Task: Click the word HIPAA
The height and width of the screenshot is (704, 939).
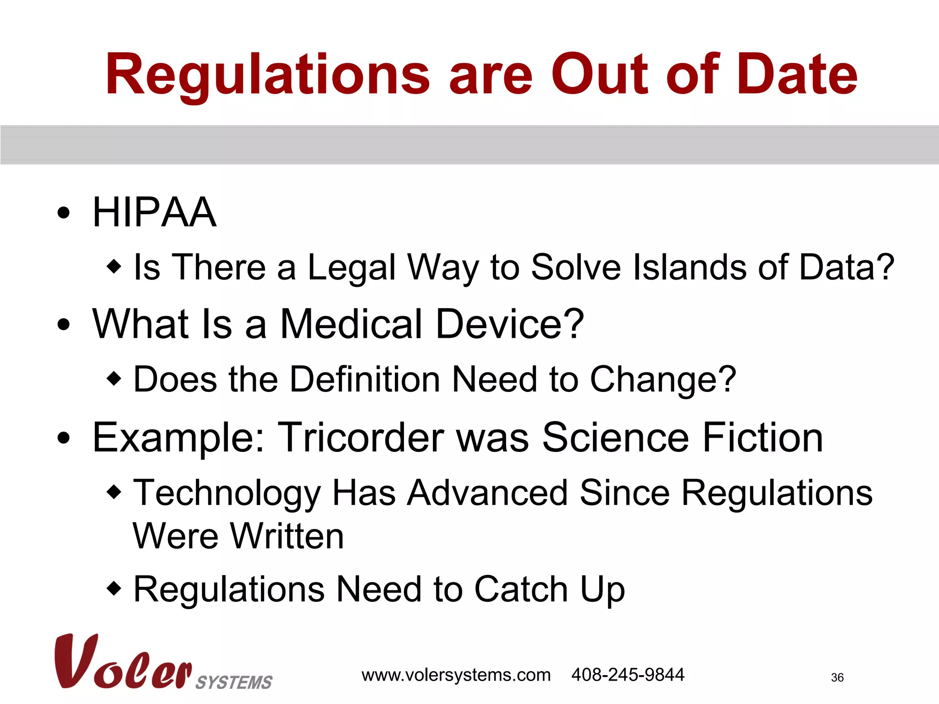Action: (154, 212)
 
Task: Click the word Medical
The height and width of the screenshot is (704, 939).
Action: (351, 324)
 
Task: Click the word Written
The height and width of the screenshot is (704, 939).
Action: (287, 536)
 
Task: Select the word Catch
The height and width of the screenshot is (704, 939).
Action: (521, 589)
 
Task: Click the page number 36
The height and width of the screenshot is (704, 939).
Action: (837, 677)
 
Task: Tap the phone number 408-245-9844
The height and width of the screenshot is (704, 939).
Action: (628, 675)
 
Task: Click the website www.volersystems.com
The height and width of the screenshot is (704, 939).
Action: (456, 675)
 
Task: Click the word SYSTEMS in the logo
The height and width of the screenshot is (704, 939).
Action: (234, 682)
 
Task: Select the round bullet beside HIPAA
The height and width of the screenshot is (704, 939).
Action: (64, 213)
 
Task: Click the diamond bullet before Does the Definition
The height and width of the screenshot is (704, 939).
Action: (114, 379)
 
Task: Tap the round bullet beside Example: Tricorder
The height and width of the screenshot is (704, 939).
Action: (64, 438)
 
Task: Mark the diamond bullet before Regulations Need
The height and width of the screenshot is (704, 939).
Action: (114, 588)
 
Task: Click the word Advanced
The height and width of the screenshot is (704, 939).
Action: (487, 493)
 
